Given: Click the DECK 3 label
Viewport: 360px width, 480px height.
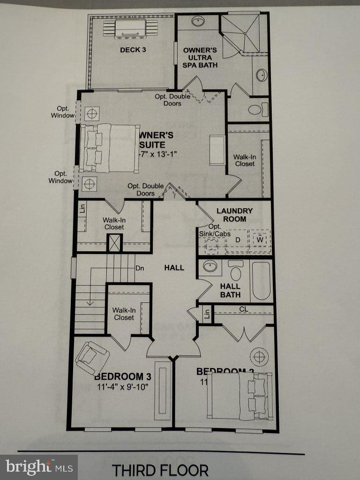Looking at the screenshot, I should [x=133, y=50].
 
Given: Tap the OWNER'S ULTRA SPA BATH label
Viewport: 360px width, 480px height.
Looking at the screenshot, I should [x=200, y=57].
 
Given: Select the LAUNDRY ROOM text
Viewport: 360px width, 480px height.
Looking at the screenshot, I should [x=234, y=215].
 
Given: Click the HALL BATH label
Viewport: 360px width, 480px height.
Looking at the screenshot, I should [x=230, y=290].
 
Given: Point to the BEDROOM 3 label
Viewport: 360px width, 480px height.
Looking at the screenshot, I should [x=122, y=376].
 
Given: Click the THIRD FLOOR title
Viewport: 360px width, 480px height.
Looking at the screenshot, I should [x=160, y=469].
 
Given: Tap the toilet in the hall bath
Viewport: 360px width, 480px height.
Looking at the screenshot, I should [x=235, y=271].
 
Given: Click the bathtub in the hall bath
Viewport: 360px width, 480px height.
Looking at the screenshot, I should [x=261, y=281].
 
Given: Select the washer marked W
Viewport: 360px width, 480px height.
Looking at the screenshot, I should [x=259, y=239].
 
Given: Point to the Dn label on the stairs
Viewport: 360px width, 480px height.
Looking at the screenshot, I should [x=139, y=269].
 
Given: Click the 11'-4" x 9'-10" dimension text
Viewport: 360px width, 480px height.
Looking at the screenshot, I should [x=122, y=387].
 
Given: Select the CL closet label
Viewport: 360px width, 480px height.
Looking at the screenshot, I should [x=243, y=309].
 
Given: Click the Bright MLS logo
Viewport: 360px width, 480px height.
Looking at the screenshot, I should [x=39, y=467].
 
